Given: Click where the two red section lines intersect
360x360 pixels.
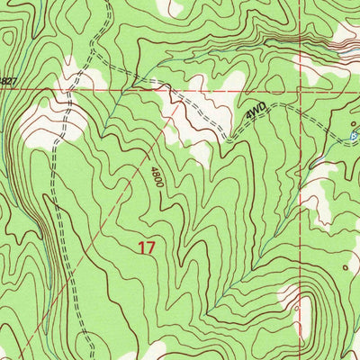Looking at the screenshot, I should pos(301,89).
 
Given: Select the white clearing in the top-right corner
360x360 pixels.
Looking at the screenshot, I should pos(346,36).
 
